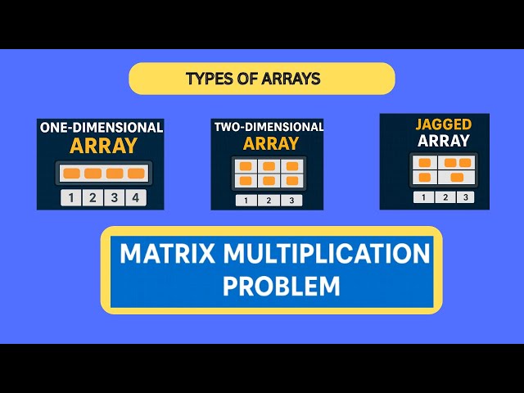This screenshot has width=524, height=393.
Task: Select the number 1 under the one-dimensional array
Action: tap(71, 197)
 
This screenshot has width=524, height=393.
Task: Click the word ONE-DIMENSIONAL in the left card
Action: tap(101, 129)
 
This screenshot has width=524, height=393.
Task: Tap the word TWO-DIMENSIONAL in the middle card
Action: tap(268, 128)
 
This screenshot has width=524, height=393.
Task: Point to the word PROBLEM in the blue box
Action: tap(281, 286)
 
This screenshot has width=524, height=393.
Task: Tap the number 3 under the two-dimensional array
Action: tap(291, 201)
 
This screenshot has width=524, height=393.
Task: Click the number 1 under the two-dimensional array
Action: tap(246, 201)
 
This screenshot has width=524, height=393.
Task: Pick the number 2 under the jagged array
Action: tap(444, 197)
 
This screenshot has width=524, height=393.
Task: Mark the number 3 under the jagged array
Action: tap(464, 197)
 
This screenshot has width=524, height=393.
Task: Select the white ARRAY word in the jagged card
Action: tap(443, 141)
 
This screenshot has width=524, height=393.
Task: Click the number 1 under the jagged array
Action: tap(423, 197)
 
